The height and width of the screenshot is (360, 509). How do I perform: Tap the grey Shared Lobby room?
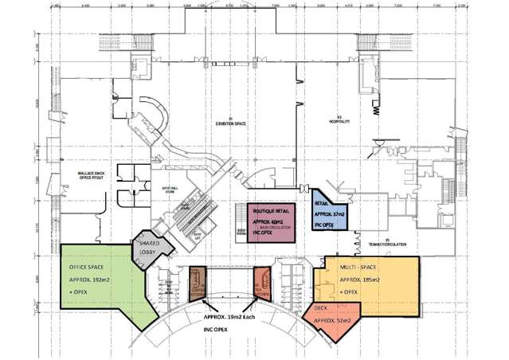pyautogui.click(x=151, y=248)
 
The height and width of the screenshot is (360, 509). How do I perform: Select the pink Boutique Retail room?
pyautogui.click(x=268, y=221)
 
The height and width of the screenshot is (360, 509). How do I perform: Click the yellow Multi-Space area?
pyautogui.click(x=366, y=279)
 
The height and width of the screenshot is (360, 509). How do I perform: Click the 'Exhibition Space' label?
pyautogui.click(x=230, y=124)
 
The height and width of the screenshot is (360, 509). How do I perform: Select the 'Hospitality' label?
pyautogui.click(x=338, y=122)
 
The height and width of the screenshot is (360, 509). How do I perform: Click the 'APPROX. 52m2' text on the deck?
pyautogui.click(x=334, y=320)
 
